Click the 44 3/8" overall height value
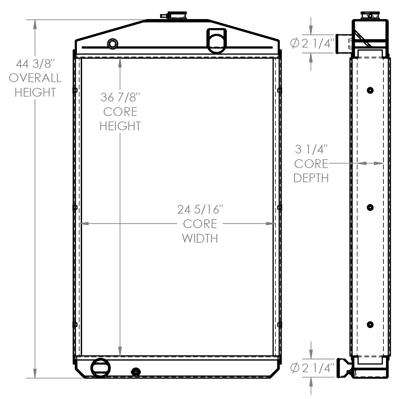coord(34,64)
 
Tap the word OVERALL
coord(35,78)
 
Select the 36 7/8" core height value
coord(120,97)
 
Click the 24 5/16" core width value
coord(200,209)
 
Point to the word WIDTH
coord(200,238)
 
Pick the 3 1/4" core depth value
coord(311,149)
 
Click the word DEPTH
coord(311,178)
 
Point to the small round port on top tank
coord(112,44)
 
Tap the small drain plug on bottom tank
coord(136,372)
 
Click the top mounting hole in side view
coord(370,90)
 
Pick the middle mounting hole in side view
coord(370,207)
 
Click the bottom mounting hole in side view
coord(370,325)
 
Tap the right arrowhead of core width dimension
coord(270,224)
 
